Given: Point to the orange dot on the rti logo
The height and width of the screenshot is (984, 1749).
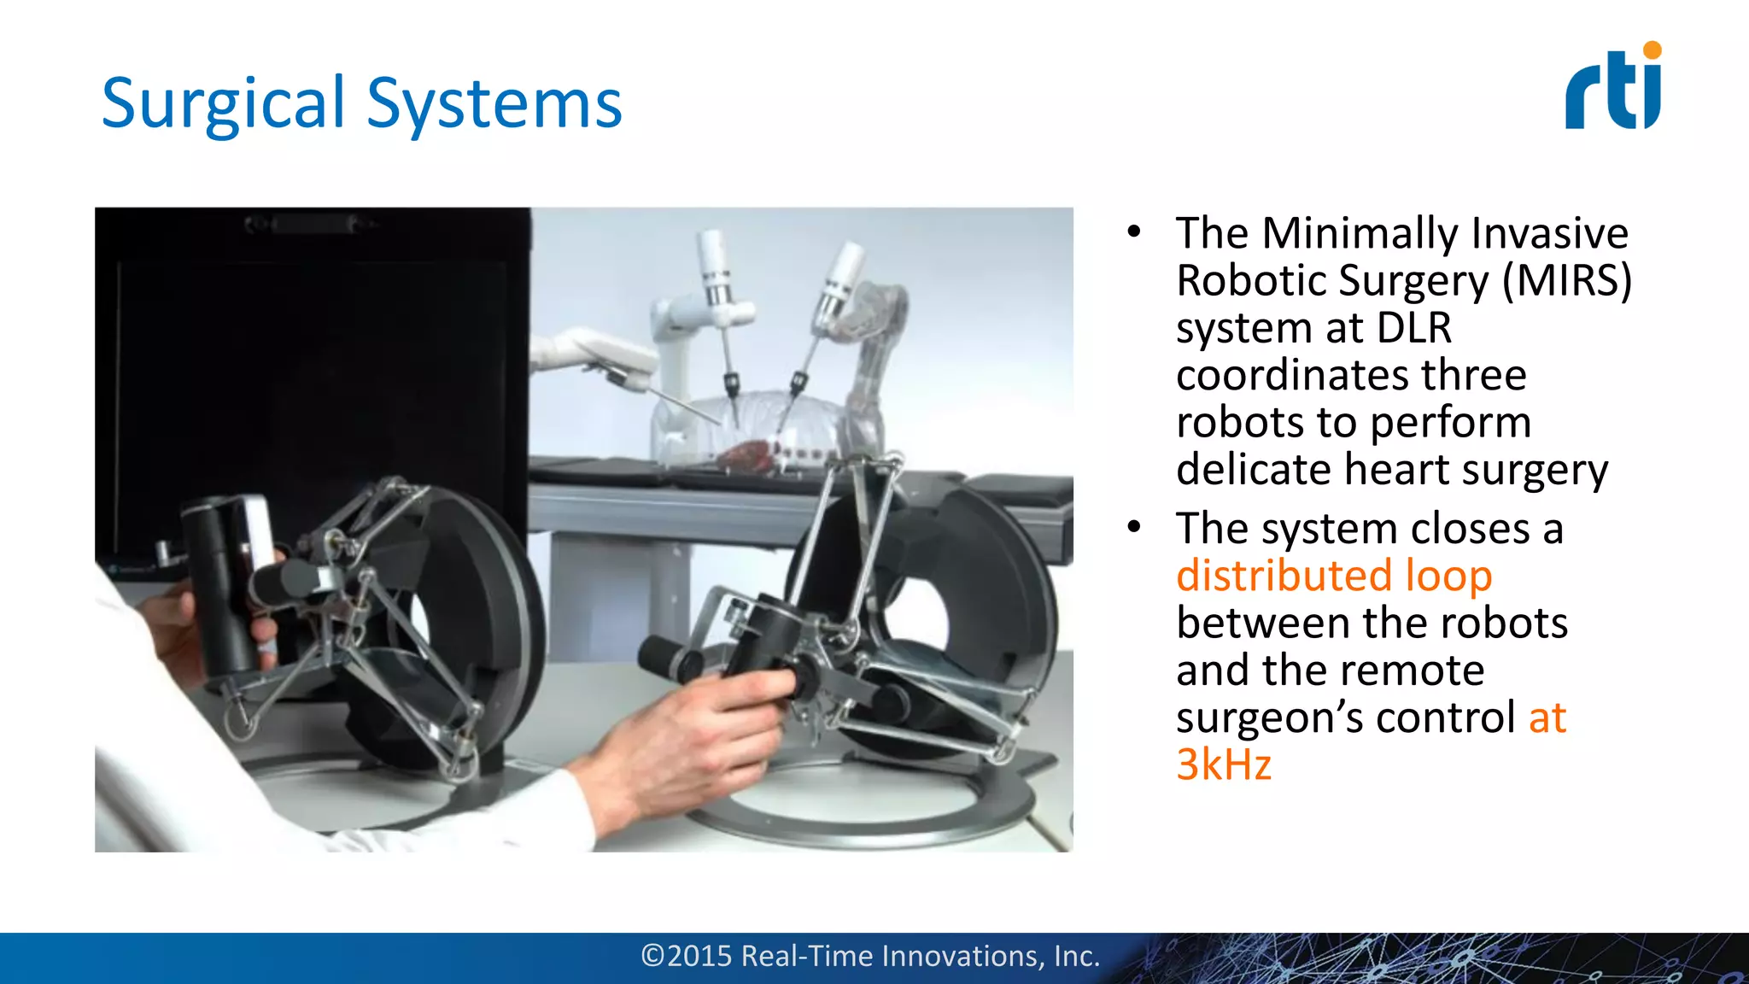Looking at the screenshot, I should pos(1652,50).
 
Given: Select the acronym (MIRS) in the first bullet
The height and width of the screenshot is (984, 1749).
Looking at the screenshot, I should pos(1567,280).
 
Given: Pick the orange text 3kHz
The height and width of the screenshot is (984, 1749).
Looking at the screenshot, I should pos(1223,764).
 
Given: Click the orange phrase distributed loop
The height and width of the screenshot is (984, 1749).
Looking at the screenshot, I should pos(1333,576).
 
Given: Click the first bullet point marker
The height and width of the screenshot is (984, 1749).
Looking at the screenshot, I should pos(1133,232).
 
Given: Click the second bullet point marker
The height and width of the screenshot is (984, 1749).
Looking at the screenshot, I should pos(1133,527).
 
